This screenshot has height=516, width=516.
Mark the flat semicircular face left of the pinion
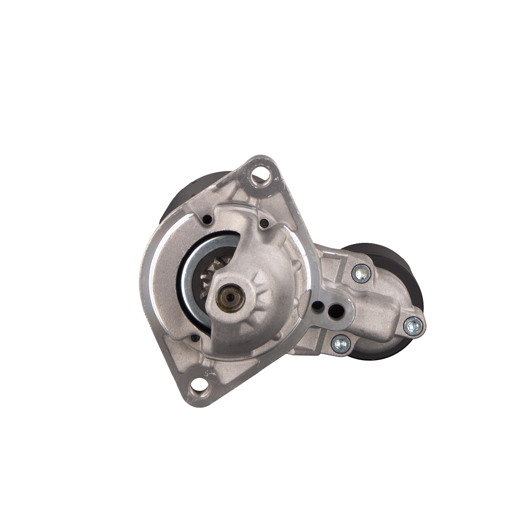[162, 275]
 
